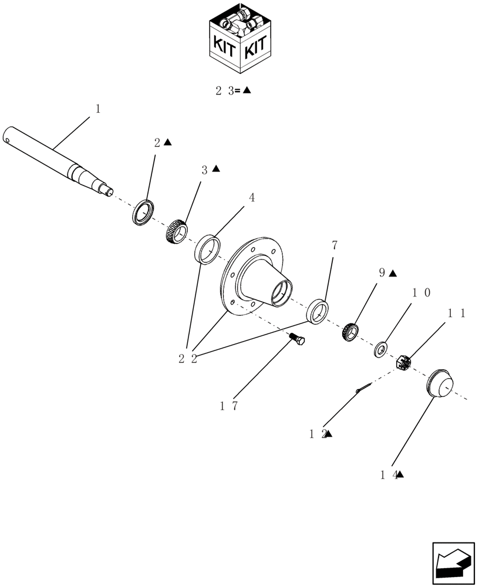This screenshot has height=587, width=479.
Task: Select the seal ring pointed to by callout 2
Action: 143,212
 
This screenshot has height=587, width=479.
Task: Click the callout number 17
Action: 228,406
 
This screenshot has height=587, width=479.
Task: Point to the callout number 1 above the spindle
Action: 98,109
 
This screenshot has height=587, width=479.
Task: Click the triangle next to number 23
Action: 247,90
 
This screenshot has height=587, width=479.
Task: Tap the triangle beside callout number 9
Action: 393,274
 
